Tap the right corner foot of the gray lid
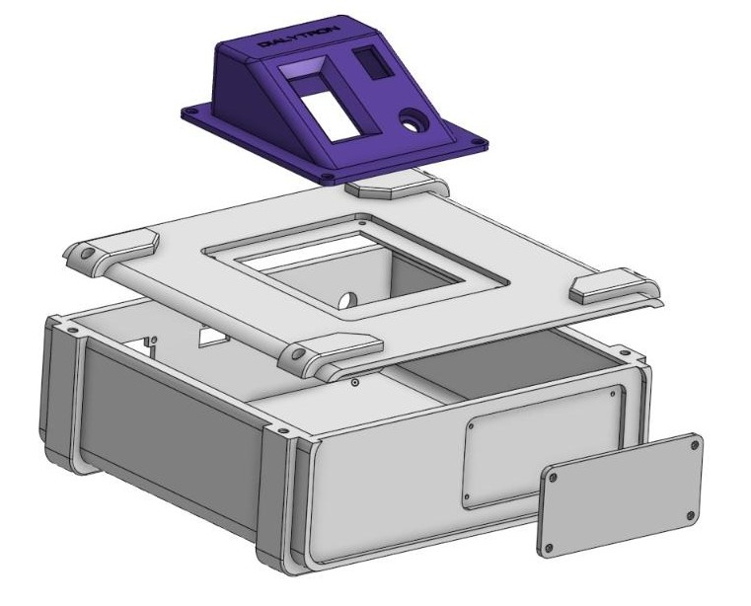612,285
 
